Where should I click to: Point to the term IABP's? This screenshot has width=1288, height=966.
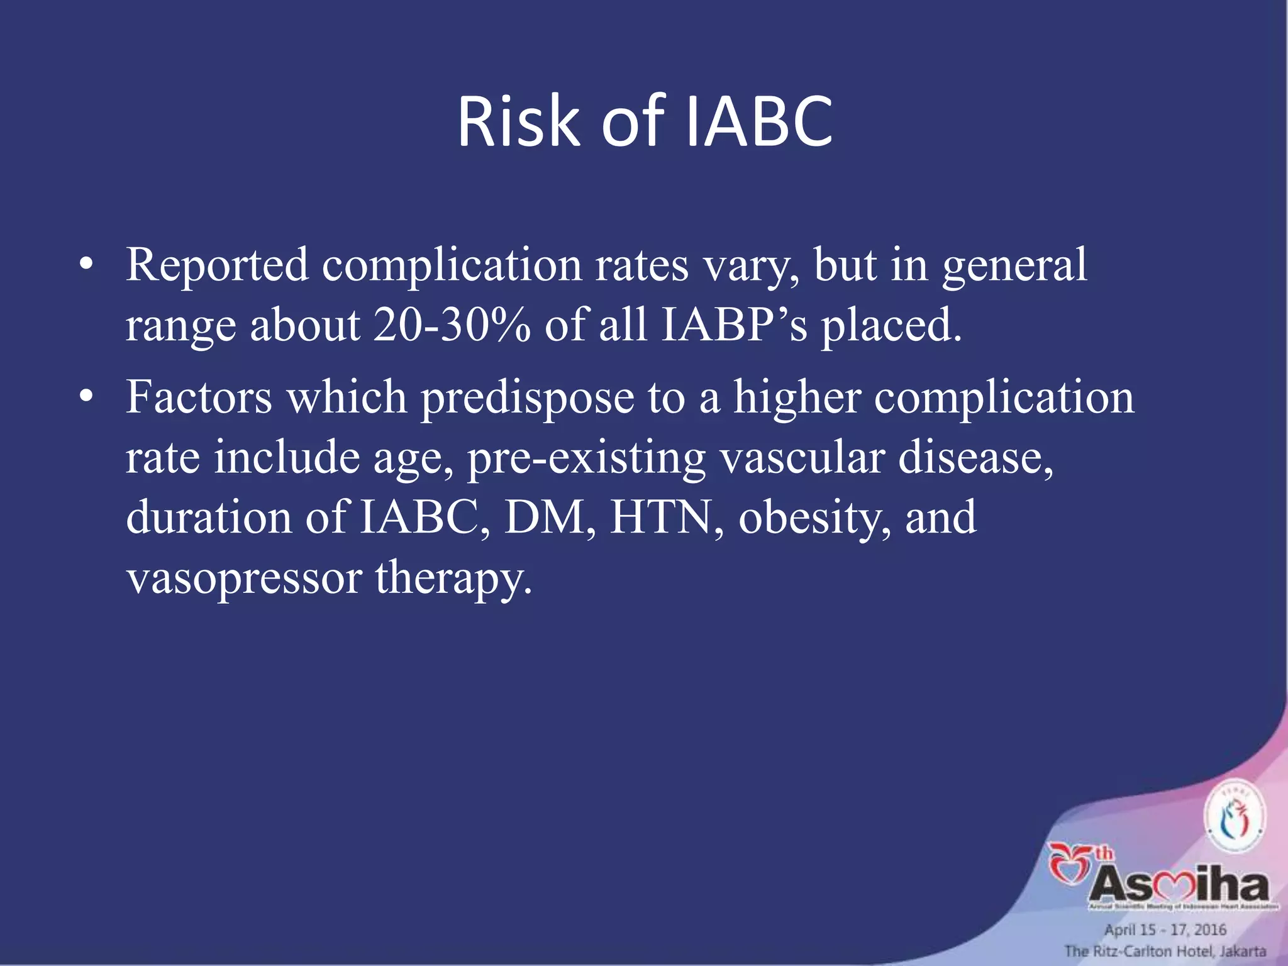[733, 326]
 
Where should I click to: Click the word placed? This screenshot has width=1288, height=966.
[891, 327]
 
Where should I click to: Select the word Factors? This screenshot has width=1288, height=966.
[199, 398]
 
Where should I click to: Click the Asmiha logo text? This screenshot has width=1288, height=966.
[1179, 885]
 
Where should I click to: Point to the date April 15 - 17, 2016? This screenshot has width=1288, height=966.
[1165, 930]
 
